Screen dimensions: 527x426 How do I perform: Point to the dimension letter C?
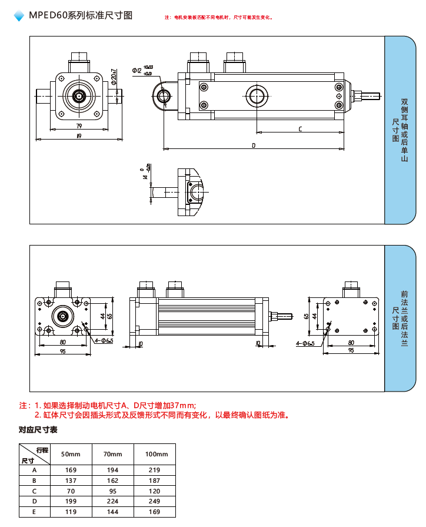[300, 128]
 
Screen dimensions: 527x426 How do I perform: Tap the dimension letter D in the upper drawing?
[254, 145]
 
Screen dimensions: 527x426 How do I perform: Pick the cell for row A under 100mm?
[155, 470]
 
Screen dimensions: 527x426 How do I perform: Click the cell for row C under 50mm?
[71, 490]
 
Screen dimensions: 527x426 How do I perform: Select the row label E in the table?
[34, 512]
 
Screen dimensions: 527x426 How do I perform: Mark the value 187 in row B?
[155, 480]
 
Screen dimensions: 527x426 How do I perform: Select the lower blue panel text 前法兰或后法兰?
[404, 318]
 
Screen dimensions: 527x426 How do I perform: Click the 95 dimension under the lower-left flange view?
[62, 352]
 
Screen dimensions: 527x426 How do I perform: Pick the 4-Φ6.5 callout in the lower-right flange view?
[305, 343]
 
